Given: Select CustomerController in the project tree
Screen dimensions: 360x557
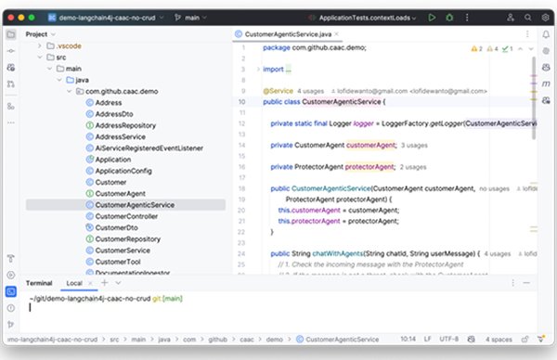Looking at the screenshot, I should pos(134,216).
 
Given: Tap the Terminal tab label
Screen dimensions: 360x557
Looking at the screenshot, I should pos(39,282).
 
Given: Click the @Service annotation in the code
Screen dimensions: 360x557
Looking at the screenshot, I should pos(278,91).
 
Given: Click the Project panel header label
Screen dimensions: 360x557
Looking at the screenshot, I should pos(37,33).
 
